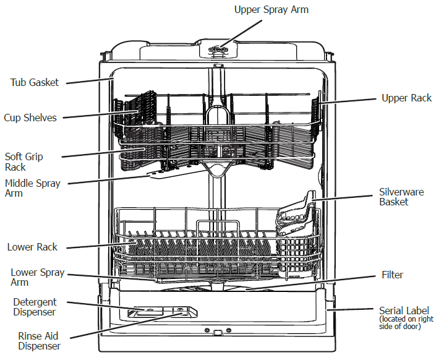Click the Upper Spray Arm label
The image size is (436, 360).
[271, 9]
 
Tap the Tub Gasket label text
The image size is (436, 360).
[34, 82]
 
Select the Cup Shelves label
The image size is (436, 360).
[30, 118]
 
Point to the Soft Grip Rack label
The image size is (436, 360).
[24, 162]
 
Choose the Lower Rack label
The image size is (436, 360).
[32, 247]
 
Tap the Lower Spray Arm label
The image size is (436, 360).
[37, 278]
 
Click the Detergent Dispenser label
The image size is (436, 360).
[35, 307]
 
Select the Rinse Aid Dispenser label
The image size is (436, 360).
[38, 341]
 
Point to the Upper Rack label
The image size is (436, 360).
[406, 98]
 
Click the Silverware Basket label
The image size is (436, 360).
[401, 197]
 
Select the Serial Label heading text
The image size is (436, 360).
[404, 311]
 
